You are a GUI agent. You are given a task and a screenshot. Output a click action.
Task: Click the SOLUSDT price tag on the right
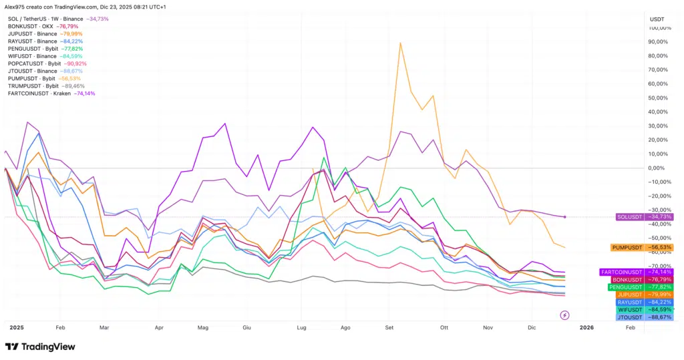click(x=644, y=216)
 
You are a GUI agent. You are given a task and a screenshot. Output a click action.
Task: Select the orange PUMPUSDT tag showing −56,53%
click(x=642, y=247)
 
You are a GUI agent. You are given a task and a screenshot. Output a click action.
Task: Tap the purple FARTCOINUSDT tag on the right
click(x=637, y=272)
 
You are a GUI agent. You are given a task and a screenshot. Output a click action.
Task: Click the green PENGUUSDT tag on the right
click(x=641, y=287)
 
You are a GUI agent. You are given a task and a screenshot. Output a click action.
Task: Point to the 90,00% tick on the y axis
click(x=660, y=42)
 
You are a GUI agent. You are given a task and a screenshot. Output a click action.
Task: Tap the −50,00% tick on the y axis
click(x=660, y=238)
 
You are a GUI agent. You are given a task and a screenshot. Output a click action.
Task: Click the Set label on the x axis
click(x=389, y=328)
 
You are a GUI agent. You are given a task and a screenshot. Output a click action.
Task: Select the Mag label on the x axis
click(x=203, y=328)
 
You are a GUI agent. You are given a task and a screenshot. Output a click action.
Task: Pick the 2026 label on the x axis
click(x=586, y=328)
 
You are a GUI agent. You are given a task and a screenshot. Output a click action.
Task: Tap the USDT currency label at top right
click(x=657, y=19)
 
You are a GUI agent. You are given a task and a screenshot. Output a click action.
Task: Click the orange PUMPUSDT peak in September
click(x=400, y=43)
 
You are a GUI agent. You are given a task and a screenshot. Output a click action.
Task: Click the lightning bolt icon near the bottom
click(x=564, y=315)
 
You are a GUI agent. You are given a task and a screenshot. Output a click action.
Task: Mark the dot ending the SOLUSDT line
click(x=565, y=216)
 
